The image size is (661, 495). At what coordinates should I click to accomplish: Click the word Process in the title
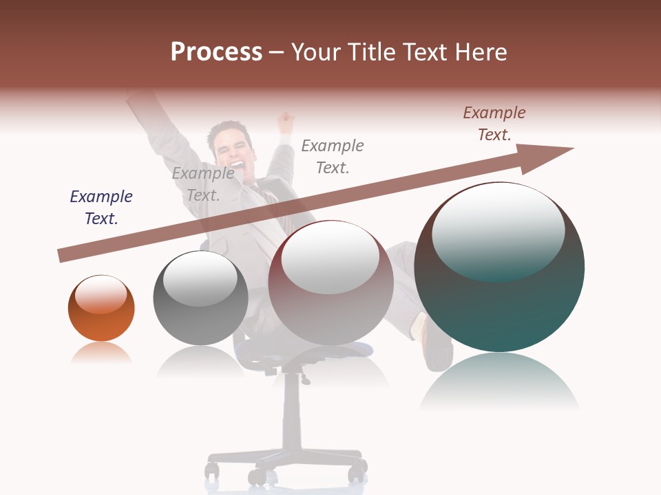pos(216,52)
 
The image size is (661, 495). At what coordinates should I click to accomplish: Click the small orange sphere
pos(101,308)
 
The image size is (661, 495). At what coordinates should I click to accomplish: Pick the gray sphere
pos(200,298)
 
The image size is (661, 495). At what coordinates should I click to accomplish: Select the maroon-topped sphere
pos(330,283)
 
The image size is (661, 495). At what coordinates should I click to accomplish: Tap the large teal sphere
pos(499,267)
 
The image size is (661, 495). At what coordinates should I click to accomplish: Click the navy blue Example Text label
pos(101,207)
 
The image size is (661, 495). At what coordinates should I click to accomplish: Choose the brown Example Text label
pos(494,123)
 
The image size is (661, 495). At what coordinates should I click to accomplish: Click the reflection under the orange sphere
pos(101,353)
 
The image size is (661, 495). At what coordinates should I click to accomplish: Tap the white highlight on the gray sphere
pos(200,282)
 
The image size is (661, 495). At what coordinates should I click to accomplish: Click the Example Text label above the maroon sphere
pos(333,156)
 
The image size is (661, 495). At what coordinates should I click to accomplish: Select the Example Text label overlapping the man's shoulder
pos(202,184)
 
